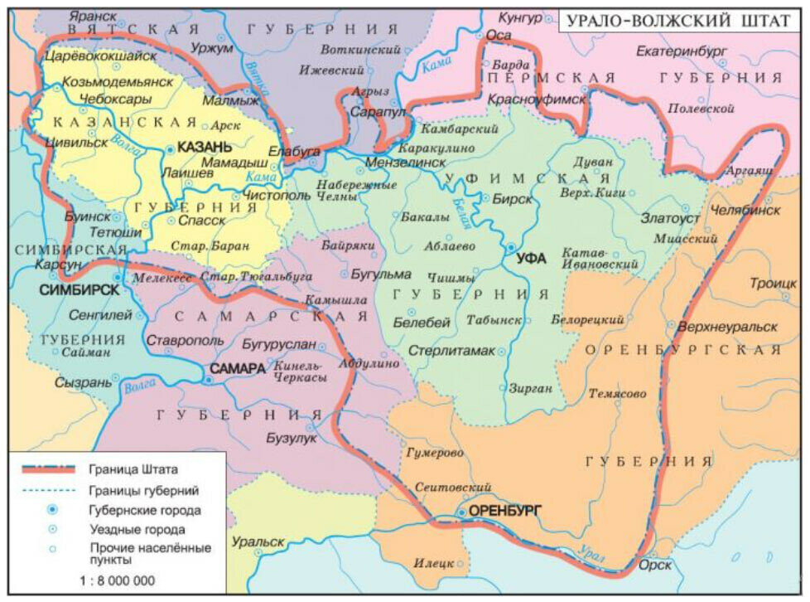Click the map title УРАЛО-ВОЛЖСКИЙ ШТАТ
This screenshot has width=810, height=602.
click(x=678, y=21)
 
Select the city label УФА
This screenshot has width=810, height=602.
click(x=531, y=258)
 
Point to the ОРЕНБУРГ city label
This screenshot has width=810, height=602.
click(x=504, y=511)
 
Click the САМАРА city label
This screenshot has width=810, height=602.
click(x=237, y=367)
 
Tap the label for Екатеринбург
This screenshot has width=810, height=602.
click(x=682, y=51)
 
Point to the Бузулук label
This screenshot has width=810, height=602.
click(x=292, y=438)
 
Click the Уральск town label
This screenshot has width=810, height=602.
click(x=258, y=541)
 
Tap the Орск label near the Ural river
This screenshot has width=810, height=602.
click(x=656, y=565)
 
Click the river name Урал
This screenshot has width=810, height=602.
click(x=591, y=555)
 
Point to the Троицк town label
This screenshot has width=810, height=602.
click(x=773, y=283)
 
